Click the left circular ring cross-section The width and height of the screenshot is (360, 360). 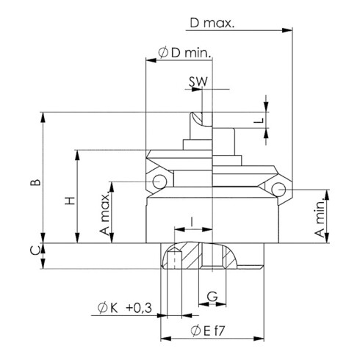click(159, 181)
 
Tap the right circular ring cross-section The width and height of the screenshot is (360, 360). click(278, 190)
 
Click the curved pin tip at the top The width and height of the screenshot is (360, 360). click(196, 117)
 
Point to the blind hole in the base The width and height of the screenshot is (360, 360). click(174, 260)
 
